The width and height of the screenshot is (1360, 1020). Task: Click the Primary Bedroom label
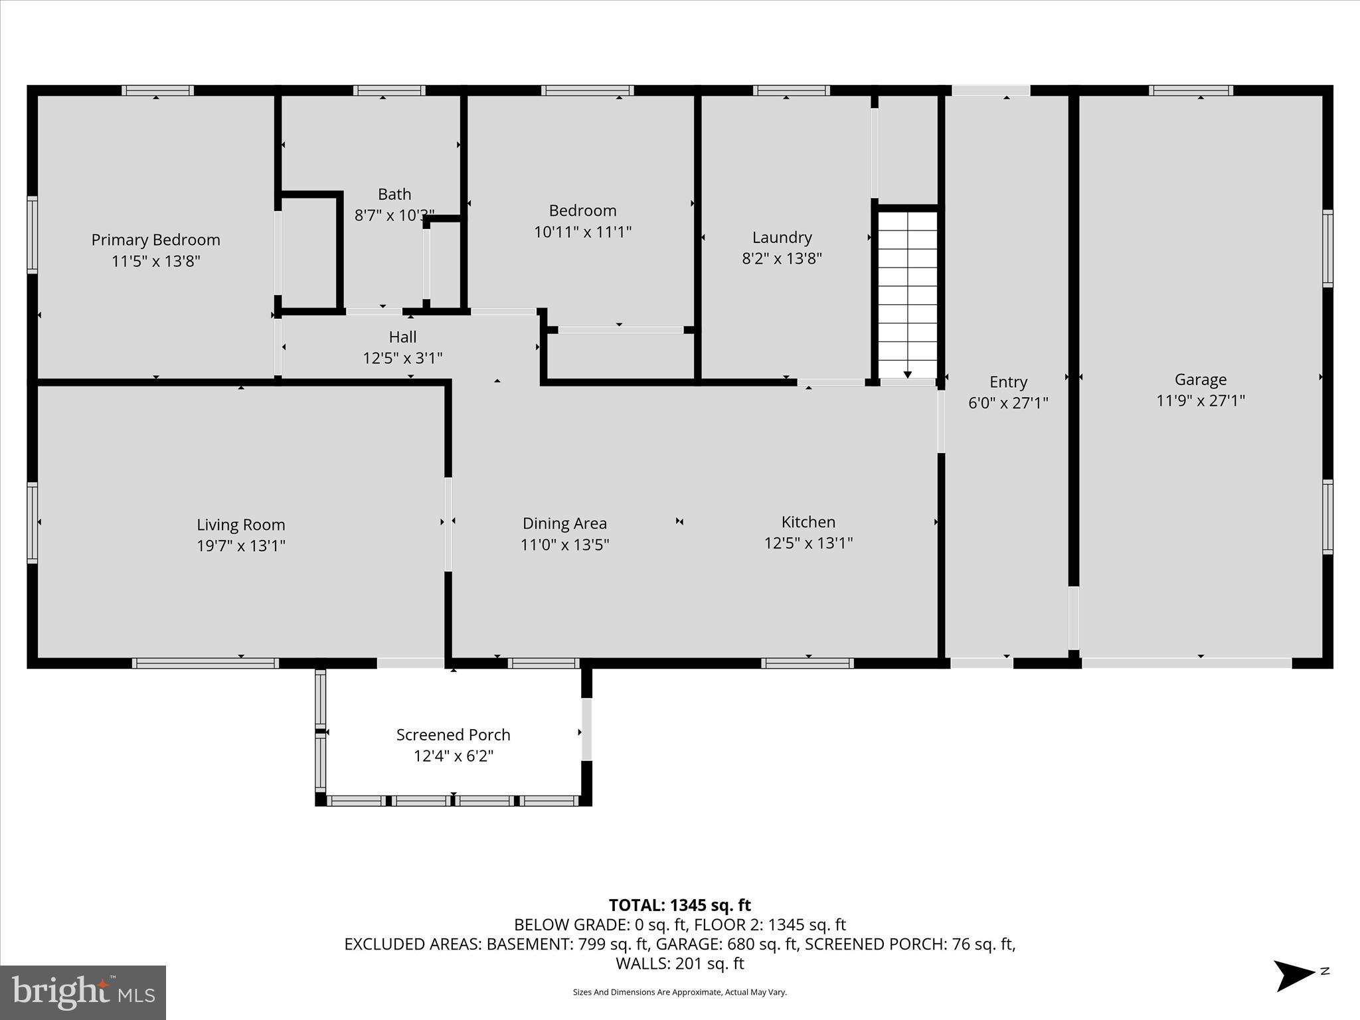[155, 240]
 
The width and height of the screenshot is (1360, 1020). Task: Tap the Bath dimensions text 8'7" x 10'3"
[394, 215]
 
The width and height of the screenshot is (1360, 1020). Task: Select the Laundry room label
[782, 237]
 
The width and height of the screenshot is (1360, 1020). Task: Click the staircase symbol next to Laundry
[907, 292]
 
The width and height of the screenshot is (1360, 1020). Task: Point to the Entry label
[1008, 382]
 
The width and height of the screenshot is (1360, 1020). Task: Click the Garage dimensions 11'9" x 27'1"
[1200, 400]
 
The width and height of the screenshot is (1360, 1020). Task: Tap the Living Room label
[240, 525]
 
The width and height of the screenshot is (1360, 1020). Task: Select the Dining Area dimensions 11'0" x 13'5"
[564, 545]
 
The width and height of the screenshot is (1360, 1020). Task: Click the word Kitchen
[808, 522]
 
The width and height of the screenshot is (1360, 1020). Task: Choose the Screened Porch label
[453, 734]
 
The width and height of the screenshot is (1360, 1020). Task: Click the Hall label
[402, 337]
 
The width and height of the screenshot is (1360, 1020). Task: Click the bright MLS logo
[83, 992]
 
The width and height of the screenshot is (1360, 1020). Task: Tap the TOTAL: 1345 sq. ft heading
[679, 905]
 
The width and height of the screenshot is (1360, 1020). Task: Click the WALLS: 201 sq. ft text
[679, 964]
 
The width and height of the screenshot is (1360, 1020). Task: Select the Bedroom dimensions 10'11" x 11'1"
[582, 232]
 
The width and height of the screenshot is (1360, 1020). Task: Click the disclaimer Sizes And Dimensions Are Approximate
[679, 992]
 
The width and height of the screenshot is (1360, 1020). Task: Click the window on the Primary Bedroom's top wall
[157, 90]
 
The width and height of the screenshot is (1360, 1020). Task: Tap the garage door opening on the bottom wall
[1186, 663]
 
